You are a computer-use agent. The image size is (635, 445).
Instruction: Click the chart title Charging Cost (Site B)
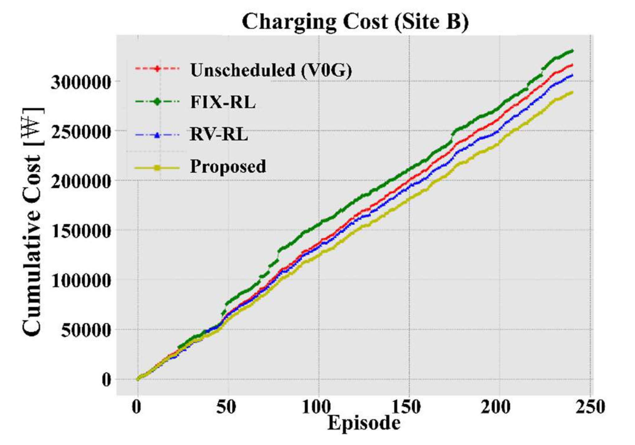tap(355, 22)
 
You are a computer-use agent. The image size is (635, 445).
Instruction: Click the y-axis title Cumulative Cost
tap(33, 222)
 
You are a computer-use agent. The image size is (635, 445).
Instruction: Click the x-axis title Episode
tap(363, 423)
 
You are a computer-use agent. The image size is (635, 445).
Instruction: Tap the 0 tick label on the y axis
tap(106, 380)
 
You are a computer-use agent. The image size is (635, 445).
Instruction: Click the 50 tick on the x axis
tap(226, 407)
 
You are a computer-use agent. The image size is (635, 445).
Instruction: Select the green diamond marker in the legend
tap(157, 101)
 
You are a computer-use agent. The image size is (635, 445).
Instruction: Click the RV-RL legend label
tap(219, 134)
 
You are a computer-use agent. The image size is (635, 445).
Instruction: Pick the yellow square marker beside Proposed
tap(157, 168)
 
